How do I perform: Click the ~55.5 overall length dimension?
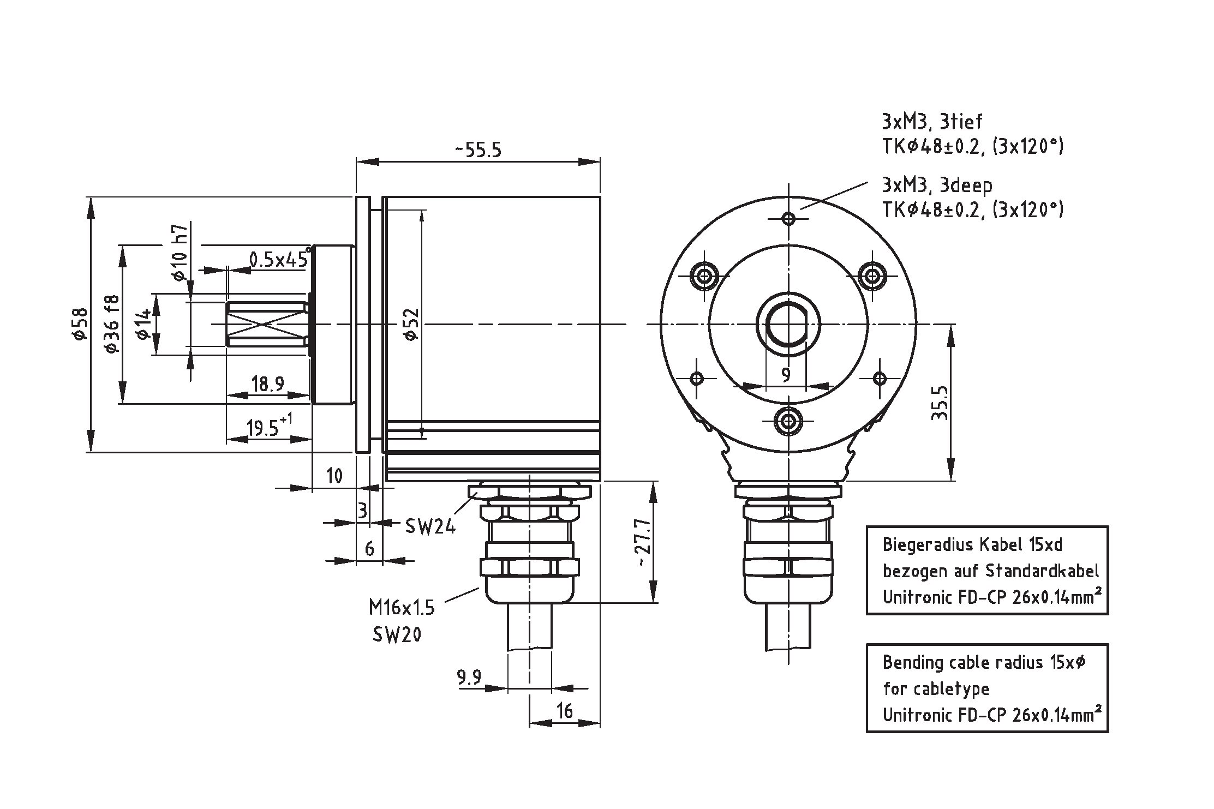coord(478,150)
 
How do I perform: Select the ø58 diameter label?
coord(80,324)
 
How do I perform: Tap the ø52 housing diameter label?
coord(412,324)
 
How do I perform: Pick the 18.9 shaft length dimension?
coord(267,384)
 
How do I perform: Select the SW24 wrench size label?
coord(430,526)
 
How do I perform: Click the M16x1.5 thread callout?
coord(402,607)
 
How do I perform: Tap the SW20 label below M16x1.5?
coord(397,634)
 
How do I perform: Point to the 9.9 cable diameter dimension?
coord(469,678)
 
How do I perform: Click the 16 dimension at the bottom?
coord(565,711)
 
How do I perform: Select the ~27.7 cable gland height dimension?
coord(643,542)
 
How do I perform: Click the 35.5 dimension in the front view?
coord(939,403)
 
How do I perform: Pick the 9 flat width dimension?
coord(786,375)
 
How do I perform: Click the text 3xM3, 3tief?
coord(932,121)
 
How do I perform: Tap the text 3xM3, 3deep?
coord(937,185)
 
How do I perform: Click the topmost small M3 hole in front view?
coord(788,219)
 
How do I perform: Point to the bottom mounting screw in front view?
coord(788,421)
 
